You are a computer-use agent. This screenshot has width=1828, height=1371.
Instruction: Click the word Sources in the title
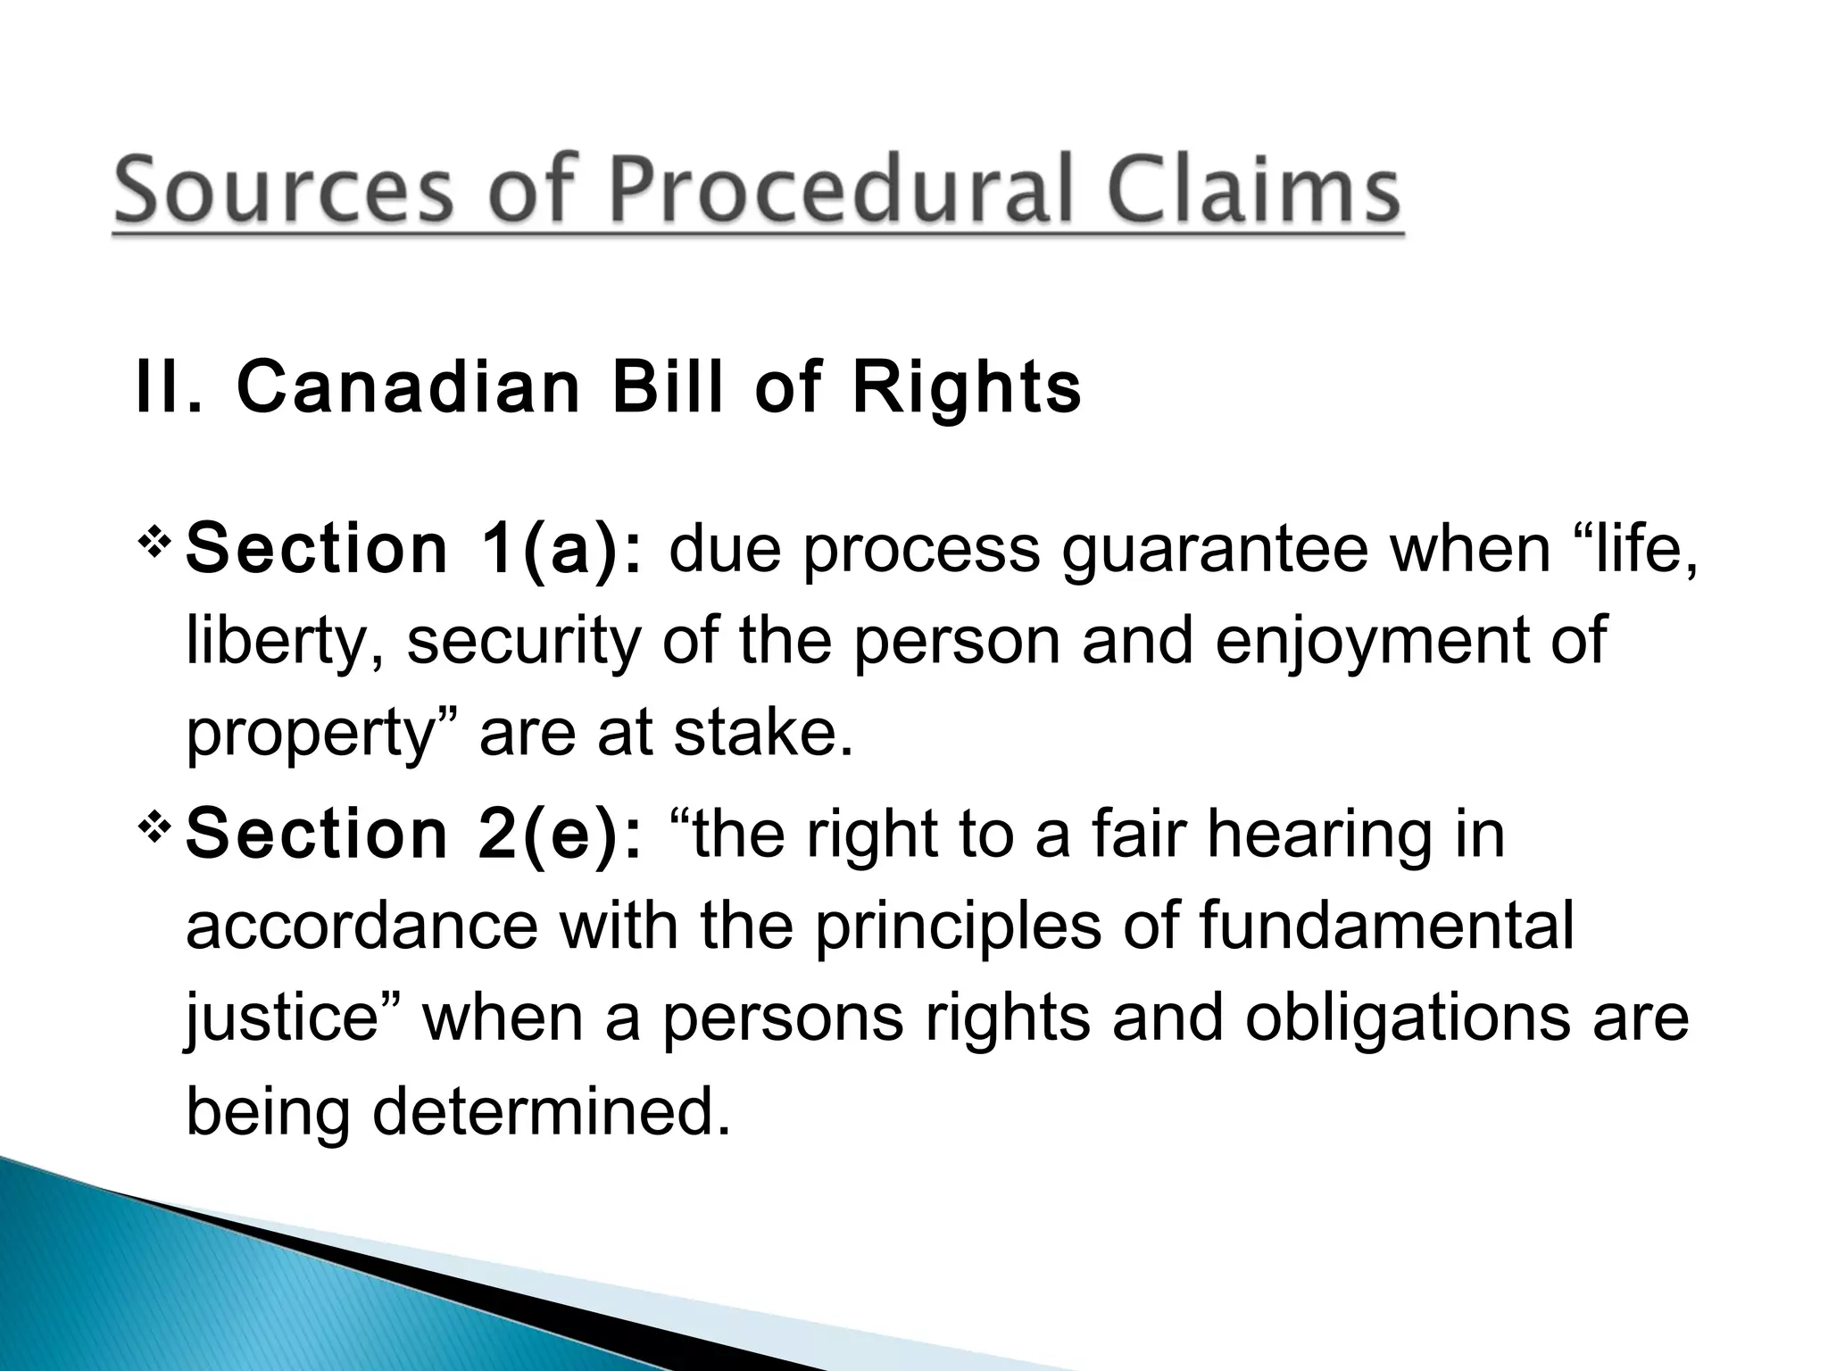[x=284, y=191]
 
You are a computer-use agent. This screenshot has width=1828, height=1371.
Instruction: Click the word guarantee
[x=1215, y=548]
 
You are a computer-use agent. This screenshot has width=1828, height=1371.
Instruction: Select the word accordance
[x=361, y=926]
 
